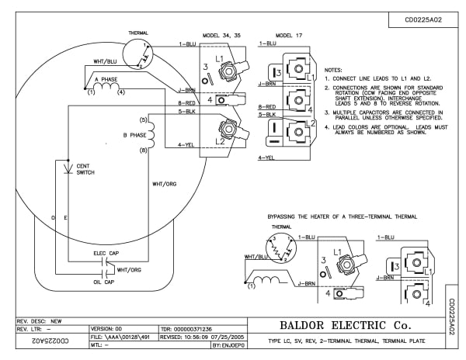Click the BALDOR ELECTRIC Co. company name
(348, 324)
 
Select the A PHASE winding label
(107, 79)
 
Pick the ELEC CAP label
(106, 252)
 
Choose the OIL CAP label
(104, 282)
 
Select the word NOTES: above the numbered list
(334, 70)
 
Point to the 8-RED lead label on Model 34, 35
(187, 103)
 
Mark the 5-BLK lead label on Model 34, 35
(187, 112)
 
